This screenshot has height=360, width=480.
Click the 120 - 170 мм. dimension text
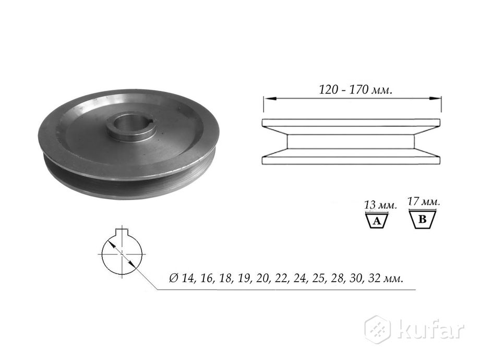(355, 90)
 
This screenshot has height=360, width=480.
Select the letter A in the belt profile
(377, 221)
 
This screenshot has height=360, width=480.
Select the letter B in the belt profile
(422, 219)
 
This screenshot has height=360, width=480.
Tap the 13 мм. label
(380, 205)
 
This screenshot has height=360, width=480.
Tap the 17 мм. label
(424, 201)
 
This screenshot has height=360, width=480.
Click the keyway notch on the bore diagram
(122, 232)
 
